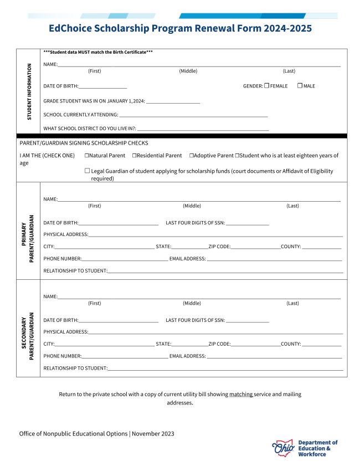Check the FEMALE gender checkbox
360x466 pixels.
tap(266, 85)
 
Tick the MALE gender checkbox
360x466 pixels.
tap(300, 85)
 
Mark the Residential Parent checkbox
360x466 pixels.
tap(134, 156)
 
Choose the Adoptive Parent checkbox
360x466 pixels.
tap(191, 156)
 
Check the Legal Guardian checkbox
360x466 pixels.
tap(87, 171)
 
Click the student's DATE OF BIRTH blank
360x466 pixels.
tap(103, 87)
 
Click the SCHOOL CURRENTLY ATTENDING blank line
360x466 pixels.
tap(193, 116)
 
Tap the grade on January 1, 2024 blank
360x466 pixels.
tap(173, 102)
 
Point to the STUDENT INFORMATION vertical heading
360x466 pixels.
tap(29, 91)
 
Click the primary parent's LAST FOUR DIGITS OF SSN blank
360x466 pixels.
tap(247, 224)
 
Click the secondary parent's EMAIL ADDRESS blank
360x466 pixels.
tap(274, 357)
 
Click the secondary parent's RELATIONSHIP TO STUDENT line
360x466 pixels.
tap(225, 369)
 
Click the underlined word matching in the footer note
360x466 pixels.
tap(241, 395)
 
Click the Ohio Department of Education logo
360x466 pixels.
tap(305, 448)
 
